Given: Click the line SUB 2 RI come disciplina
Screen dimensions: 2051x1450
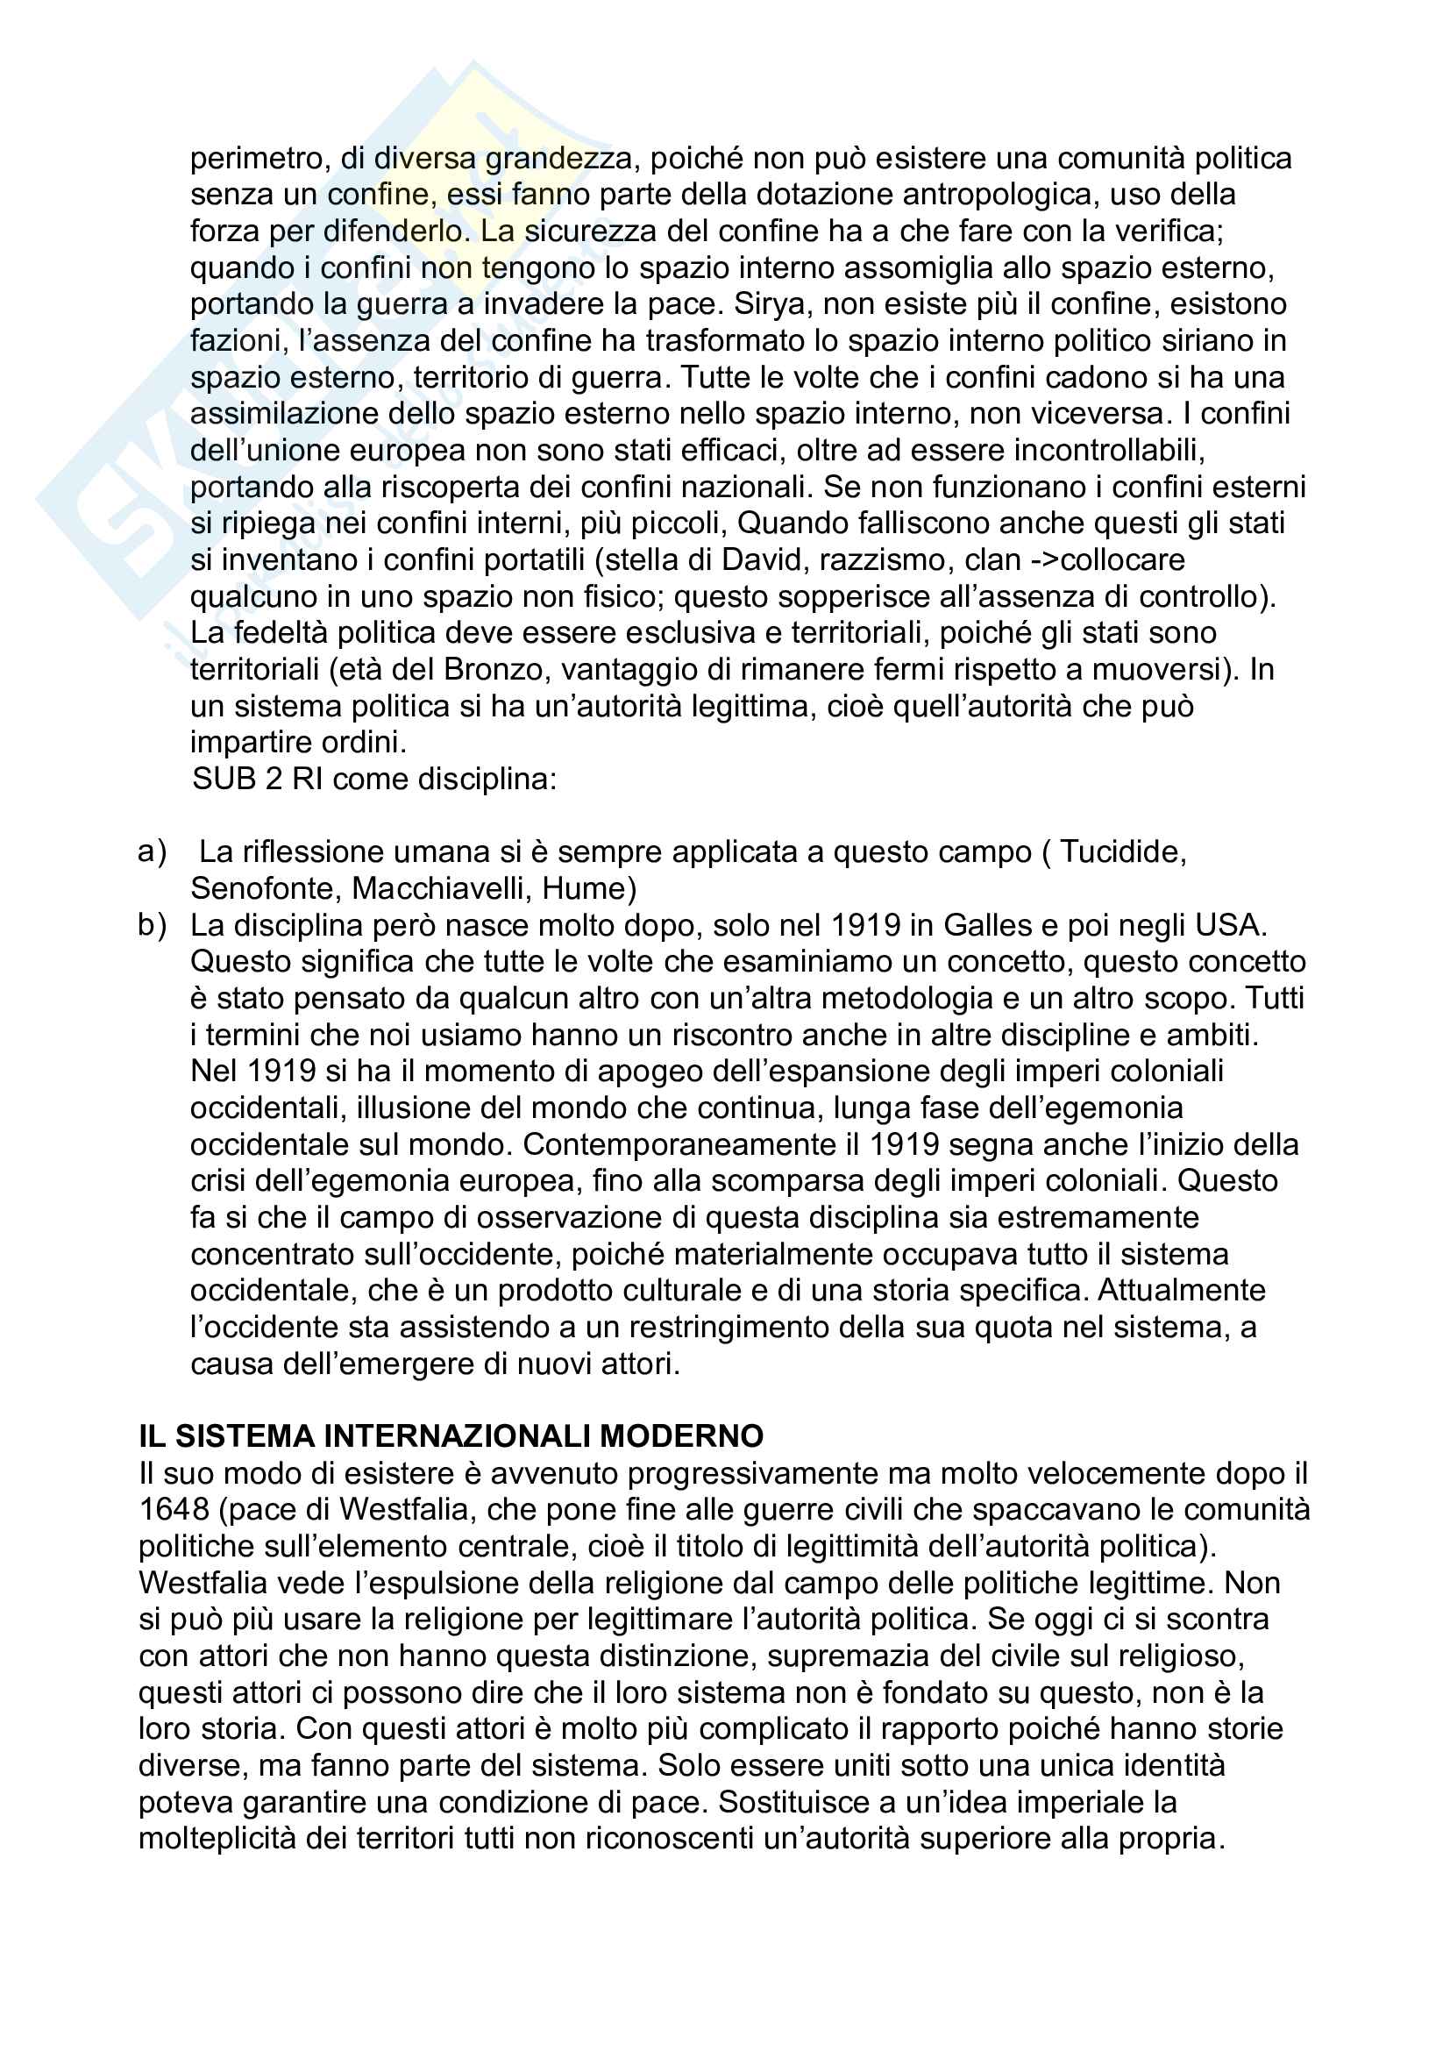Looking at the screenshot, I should pyautogui.click(x=374, y=780).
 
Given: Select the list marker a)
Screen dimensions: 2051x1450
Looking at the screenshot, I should pyautogui.click(x=153, y=852).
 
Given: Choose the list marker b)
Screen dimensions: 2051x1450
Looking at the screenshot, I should pyautogui.click(x=153, y=925).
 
